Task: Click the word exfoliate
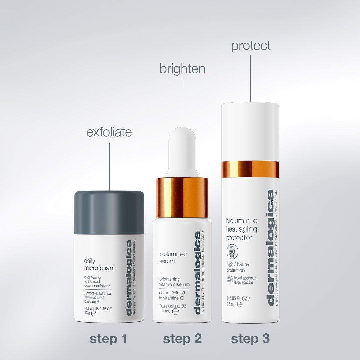point(109,132)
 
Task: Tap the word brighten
point(182,69)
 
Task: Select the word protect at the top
point(251,46)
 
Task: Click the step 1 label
point(109,339)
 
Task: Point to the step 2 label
point(182,339)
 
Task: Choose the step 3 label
point(250,339)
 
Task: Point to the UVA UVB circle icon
point(230,280)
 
